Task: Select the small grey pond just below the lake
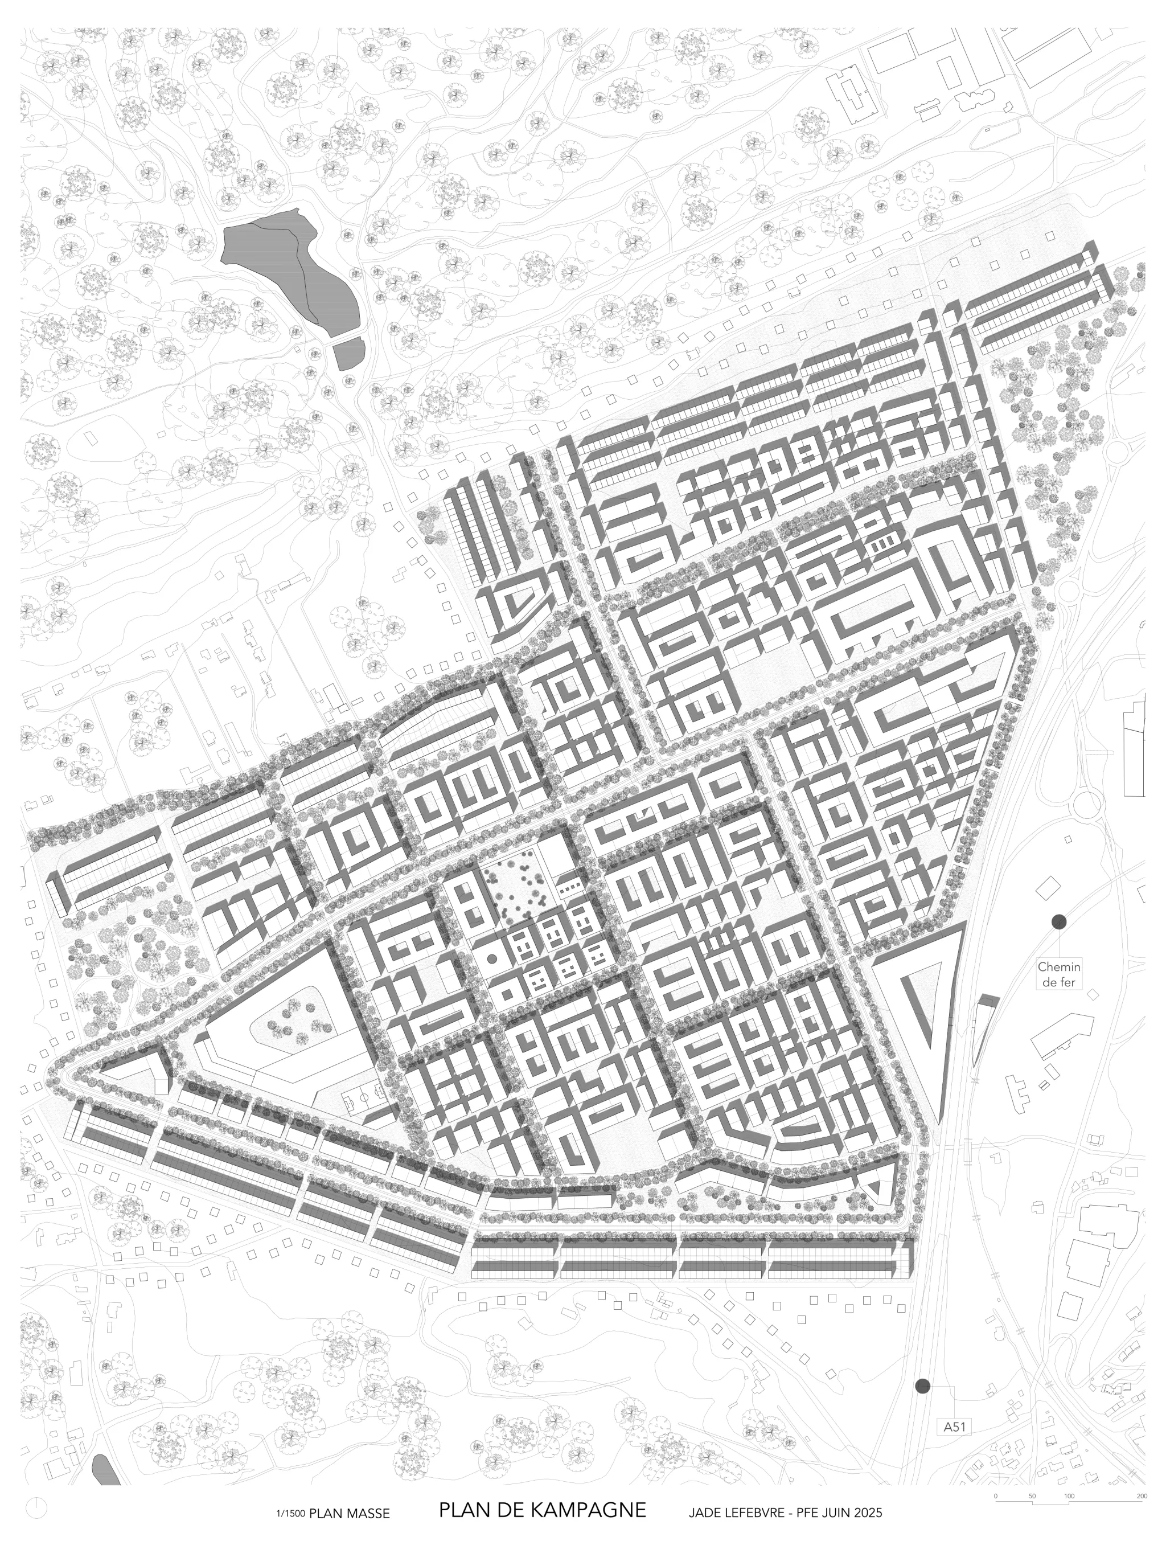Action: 349,353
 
